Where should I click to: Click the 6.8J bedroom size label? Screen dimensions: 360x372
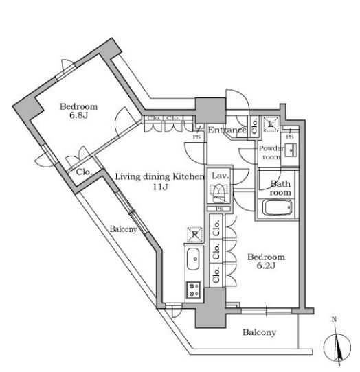(x=78, y=115)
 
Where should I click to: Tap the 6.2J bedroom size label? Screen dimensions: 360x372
(x=266, y=266)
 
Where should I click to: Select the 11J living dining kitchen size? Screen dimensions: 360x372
(x=160, y=187)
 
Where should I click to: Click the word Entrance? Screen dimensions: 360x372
(x=227, y=130)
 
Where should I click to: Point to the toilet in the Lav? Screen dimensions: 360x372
(x=218, y=193)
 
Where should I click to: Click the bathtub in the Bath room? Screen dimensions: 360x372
(x=278, y=207)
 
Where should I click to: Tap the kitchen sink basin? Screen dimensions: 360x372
(x=193, y=259)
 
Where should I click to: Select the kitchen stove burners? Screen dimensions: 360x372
(x=194, y=290)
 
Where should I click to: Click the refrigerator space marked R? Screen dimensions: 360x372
(x=194, y=235)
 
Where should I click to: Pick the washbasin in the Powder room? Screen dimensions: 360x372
(x=291, y=150)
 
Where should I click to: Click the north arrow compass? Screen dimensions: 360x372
(x=337, y=348)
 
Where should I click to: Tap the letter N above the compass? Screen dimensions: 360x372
(x=334, y=320)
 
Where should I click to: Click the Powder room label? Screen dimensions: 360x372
(x=271, y=152)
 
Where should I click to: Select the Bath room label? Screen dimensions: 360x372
(x=280, y=188)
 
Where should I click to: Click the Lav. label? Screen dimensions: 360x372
(x=221, y=176)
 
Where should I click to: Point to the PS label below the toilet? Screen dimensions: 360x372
(x=220, y=209)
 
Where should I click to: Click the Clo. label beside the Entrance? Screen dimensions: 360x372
(x=254, y=126)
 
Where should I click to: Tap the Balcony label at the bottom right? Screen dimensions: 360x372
(x=259, y=332)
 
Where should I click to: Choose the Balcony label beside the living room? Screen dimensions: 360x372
(x=123, y=229)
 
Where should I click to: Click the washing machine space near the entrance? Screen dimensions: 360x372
(x=271, y=124)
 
